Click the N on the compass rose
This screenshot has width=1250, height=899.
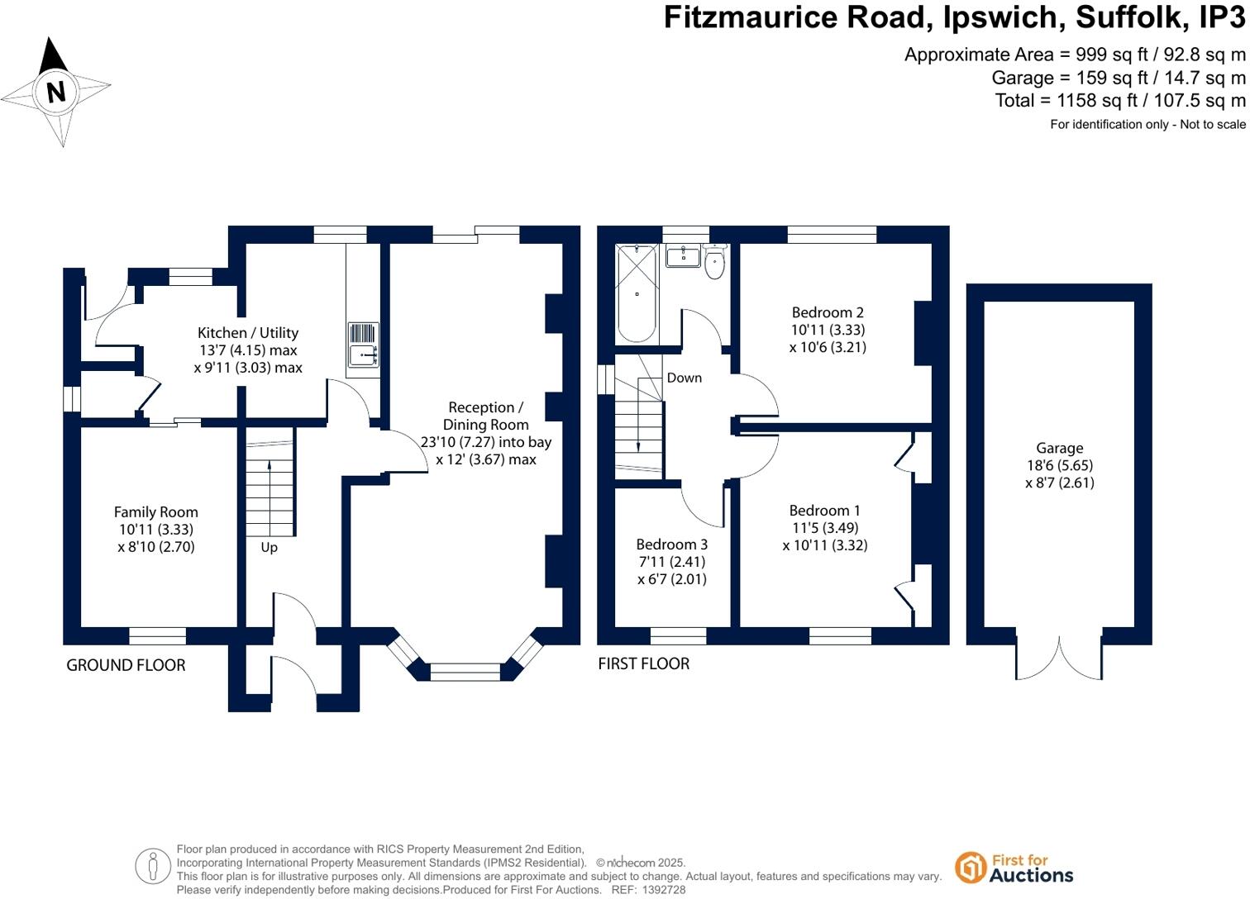tap(56, 91)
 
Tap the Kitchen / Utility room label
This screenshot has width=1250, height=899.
tap(248, 333)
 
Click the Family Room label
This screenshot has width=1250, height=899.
tap(155, 512)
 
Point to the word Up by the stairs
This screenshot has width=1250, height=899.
tap(270, 547)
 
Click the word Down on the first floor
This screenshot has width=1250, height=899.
tap(684, 378)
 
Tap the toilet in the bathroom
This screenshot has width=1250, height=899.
tap(715, 264)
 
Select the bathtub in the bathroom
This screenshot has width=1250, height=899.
tap(637, 293)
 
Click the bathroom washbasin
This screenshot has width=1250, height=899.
tap(683, 255)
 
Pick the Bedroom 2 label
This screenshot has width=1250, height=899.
tap(828, 312)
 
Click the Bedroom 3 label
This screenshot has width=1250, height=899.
tap(671, 545)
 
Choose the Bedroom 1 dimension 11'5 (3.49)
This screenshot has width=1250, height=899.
tap(825, 528)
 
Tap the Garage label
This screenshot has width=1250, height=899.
tap(1059, 449)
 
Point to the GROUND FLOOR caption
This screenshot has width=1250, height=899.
tap(126, 665)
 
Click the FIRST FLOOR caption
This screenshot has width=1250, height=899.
tap(643, 664)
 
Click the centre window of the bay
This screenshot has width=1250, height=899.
tap(465, 671)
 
